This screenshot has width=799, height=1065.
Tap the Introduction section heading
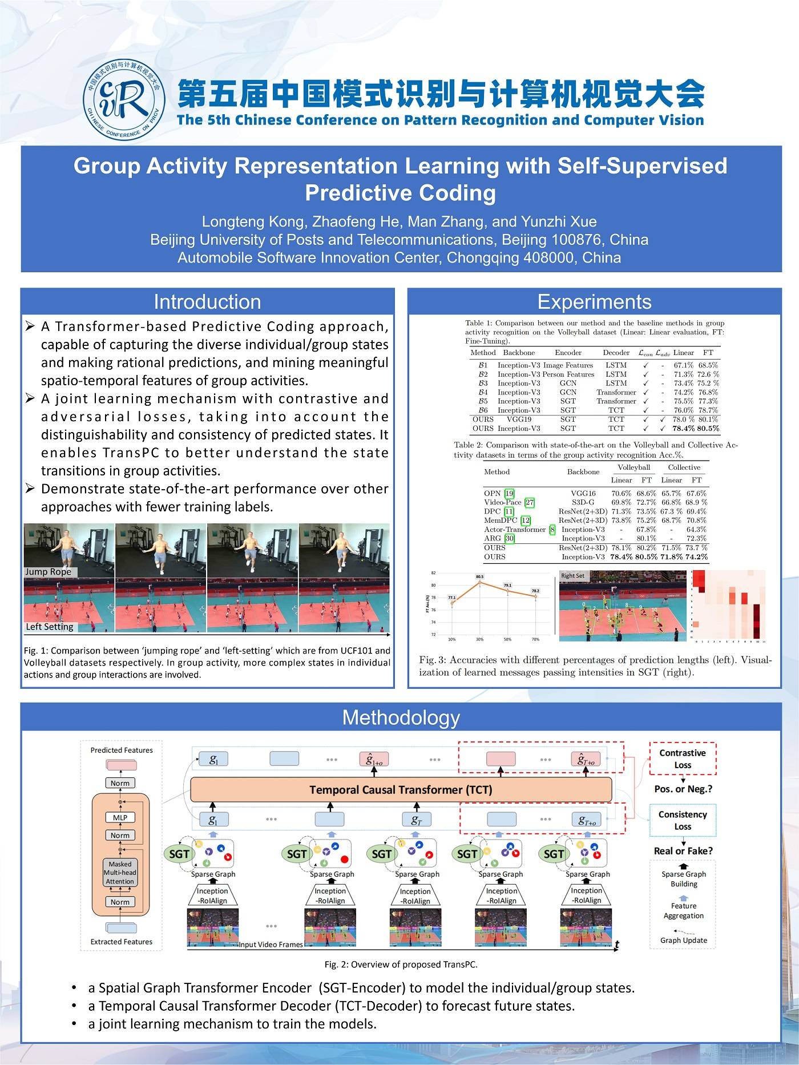tap(207, 302)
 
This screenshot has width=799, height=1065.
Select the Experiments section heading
tap(594, 302)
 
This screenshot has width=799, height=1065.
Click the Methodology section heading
tap(401, 717)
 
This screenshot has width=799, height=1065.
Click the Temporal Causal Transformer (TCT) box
tap(401, 790)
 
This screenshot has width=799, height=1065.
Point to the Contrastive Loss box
tap(683, 759)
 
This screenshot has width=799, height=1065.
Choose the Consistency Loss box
tap(683, 820)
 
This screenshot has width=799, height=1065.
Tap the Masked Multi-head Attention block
tap(120, 873)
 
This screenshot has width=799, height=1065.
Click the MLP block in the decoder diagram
tap(120, 817)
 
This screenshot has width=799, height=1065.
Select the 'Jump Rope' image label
tap(49, 572)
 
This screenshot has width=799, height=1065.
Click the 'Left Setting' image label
tap(50, 627)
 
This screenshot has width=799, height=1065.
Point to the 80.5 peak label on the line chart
tap(480, 577)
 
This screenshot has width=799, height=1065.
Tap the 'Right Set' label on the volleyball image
tap(572, 576)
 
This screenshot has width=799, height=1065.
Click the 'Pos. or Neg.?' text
tap(683, 789)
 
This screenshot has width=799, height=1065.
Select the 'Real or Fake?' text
tap(683, 851)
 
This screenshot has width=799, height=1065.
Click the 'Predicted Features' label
tap(122, 750)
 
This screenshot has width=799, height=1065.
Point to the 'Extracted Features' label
tap(122, 942)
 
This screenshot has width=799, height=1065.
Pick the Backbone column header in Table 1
tap(519, 353)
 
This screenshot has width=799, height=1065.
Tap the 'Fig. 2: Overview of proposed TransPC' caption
tap(401, 965)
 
